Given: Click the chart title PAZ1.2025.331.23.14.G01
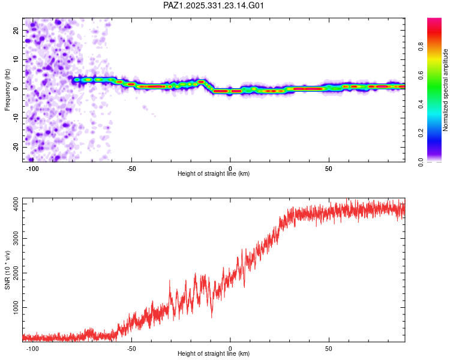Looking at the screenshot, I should (x=214, y=5).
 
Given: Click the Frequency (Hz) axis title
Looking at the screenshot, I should (x=7, y=90).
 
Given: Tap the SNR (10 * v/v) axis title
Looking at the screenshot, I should (x=7, y=270).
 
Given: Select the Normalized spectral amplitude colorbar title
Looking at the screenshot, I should (x=445, y=90).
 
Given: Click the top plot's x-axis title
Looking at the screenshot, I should (x=214, y=173).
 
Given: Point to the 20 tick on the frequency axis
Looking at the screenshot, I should (x=16, y=30).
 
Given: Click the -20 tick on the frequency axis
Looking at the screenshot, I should (x=14, y=147).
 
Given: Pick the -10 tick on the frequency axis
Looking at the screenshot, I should (x=14, y=118).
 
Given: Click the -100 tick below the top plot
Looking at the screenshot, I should (x=33, y=168).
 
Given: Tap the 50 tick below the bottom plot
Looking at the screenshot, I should (x=329, y=348).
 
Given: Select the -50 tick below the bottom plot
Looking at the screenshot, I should (x=132, y=348).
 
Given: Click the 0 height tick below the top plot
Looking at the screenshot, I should (x=230, y=168).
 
